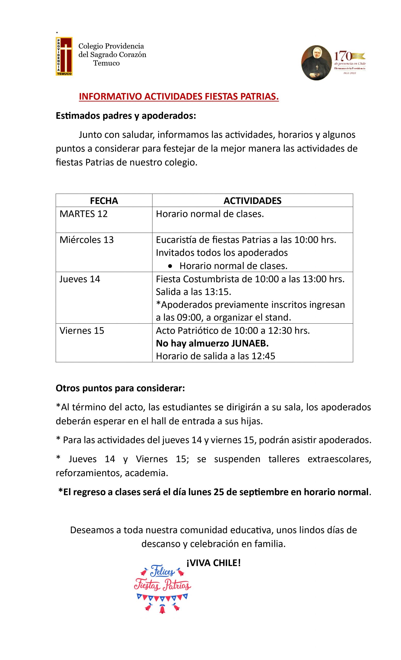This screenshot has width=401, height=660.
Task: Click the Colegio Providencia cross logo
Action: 64,56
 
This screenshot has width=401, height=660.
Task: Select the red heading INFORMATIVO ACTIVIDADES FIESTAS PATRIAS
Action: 179,96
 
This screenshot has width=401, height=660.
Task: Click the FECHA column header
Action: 104,201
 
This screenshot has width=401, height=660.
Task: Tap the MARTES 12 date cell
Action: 83,214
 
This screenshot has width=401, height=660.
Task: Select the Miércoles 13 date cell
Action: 87,240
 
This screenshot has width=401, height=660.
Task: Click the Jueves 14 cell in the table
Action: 80,279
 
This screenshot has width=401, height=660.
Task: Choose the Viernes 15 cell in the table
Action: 82,331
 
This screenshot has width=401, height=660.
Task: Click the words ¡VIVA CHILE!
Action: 213,563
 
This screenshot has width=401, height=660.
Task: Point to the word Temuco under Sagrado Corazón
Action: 106,63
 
